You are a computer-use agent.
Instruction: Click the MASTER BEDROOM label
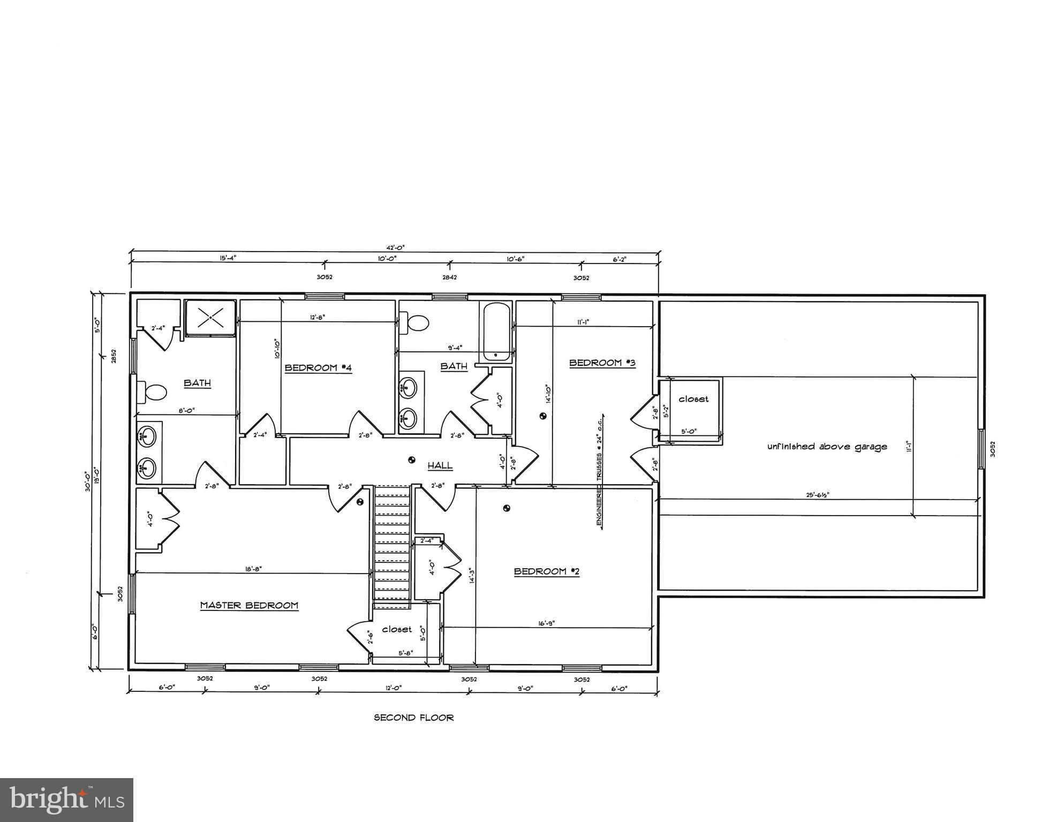[249, 606]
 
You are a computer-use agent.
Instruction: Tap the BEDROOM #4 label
[318, 368]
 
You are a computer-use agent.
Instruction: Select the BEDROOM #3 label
[602, 363]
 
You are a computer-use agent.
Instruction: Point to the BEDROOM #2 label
[547, 571]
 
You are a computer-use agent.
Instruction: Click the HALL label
[440, 466]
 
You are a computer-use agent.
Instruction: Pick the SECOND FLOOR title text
[413, 718]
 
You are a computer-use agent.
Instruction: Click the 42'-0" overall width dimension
[396, 247]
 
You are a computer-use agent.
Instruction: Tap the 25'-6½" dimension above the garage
[818, 495]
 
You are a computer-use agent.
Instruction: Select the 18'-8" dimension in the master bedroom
[253, 569]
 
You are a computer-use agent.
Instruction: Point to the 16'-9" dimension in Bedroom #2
[546, 623]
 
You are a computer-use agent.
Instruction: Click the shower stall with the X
[210, 318]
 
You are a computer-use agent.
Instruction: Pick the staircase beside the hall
[391, 546]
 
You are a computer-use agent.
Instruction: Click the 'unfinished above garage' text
[827, 447]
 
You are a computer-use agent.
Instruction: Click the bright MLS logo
[66, 800]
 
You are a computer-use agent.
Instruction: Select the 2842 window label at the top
[449, 277]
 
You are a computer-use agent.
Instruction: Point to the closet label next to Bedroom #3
[693, 399]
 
